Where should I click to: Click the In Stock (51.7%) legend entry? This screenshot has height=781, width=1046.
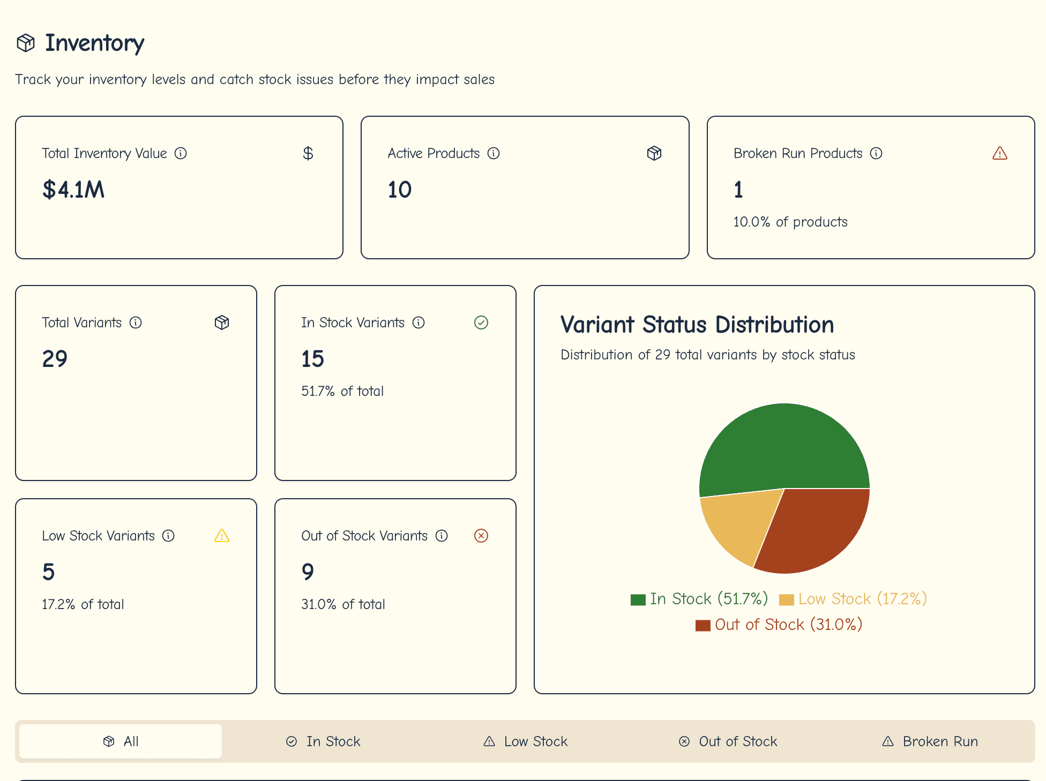pyautogui.click(x=699, y=599)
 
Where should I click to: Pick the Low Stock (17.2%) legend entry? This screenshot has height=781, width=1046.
pyautogui.click(x=853, y=599)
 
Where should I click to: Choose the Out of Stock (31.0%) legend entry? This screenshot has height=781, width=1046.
pyautogui.click(x=779, y=625)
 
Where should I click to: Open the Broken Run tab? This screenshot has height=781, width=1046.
pyautogui.click(x=930, y=741)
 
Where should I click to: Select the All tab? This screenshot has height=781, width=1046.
pyautogui.click(x=121, y=741)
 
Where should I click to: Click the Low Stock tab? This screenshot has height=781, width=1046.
pyautogui.click(x=525, y=741)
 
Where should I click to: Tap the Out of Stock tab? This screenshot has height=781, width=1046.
pyautogui.click(x=728, y=741)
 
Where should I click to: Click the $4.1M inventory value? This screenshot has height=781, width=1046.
pyautogui.click(x=73, y=190)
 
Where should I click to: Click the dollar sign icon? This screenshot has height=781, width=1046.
pyautogui.click(x=308, y=154)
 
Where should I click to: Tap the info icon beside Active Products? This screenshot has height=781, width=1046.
pyautogui.click(x=494, y=154)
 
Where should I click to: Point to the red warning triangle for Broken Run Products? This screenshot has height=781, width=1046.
pyautogui.click(x=999, y=154)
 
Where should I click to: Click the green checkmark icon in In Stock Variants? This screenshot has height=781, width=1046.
pyautogui.click(x=481, y=322)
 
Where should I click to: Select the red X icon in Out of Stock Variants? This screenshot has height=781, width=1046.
pyautogui.click(x=481, y=536)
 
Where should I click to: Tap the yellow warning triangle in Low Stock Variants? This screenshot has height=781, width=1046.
pyautogui.click(x=222, y=536)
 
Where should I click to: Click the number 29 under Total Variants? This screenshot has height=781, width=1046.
pyautogui.click(x=55, y=359)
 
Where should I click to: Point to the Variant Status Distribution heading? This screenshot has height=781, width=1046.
pyautogui.click(x=697, y=325)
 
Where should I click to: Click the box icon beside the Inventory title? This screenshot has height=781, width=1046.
pyautogui.click(x=26, y=43)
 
